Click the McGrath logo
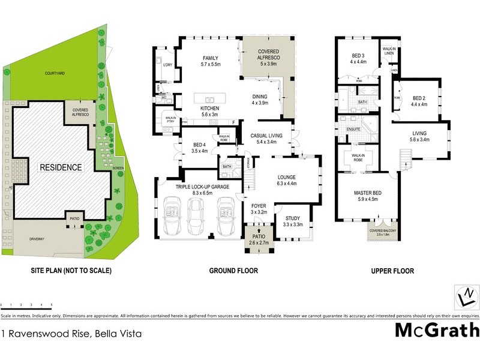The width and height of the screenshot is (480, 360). [x=437, y=330]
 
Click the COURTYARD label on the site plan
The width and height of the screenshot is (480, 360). [x=55, y=73]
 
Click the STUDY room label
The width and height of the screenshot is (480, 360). [x=292, y=221]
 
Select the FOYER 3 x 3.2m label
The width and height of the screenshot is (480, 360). [x=259, y=208]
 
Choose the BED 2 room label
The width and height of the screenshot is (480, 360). [x=418, y=101]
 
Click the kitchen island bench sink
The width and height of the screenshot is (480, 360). [x=210, y=100]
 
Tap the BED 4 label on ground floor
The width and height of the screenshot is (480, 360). [x=200, y=148]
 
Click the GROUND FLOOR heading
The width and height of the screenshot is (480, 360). [x=233, y=271]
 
